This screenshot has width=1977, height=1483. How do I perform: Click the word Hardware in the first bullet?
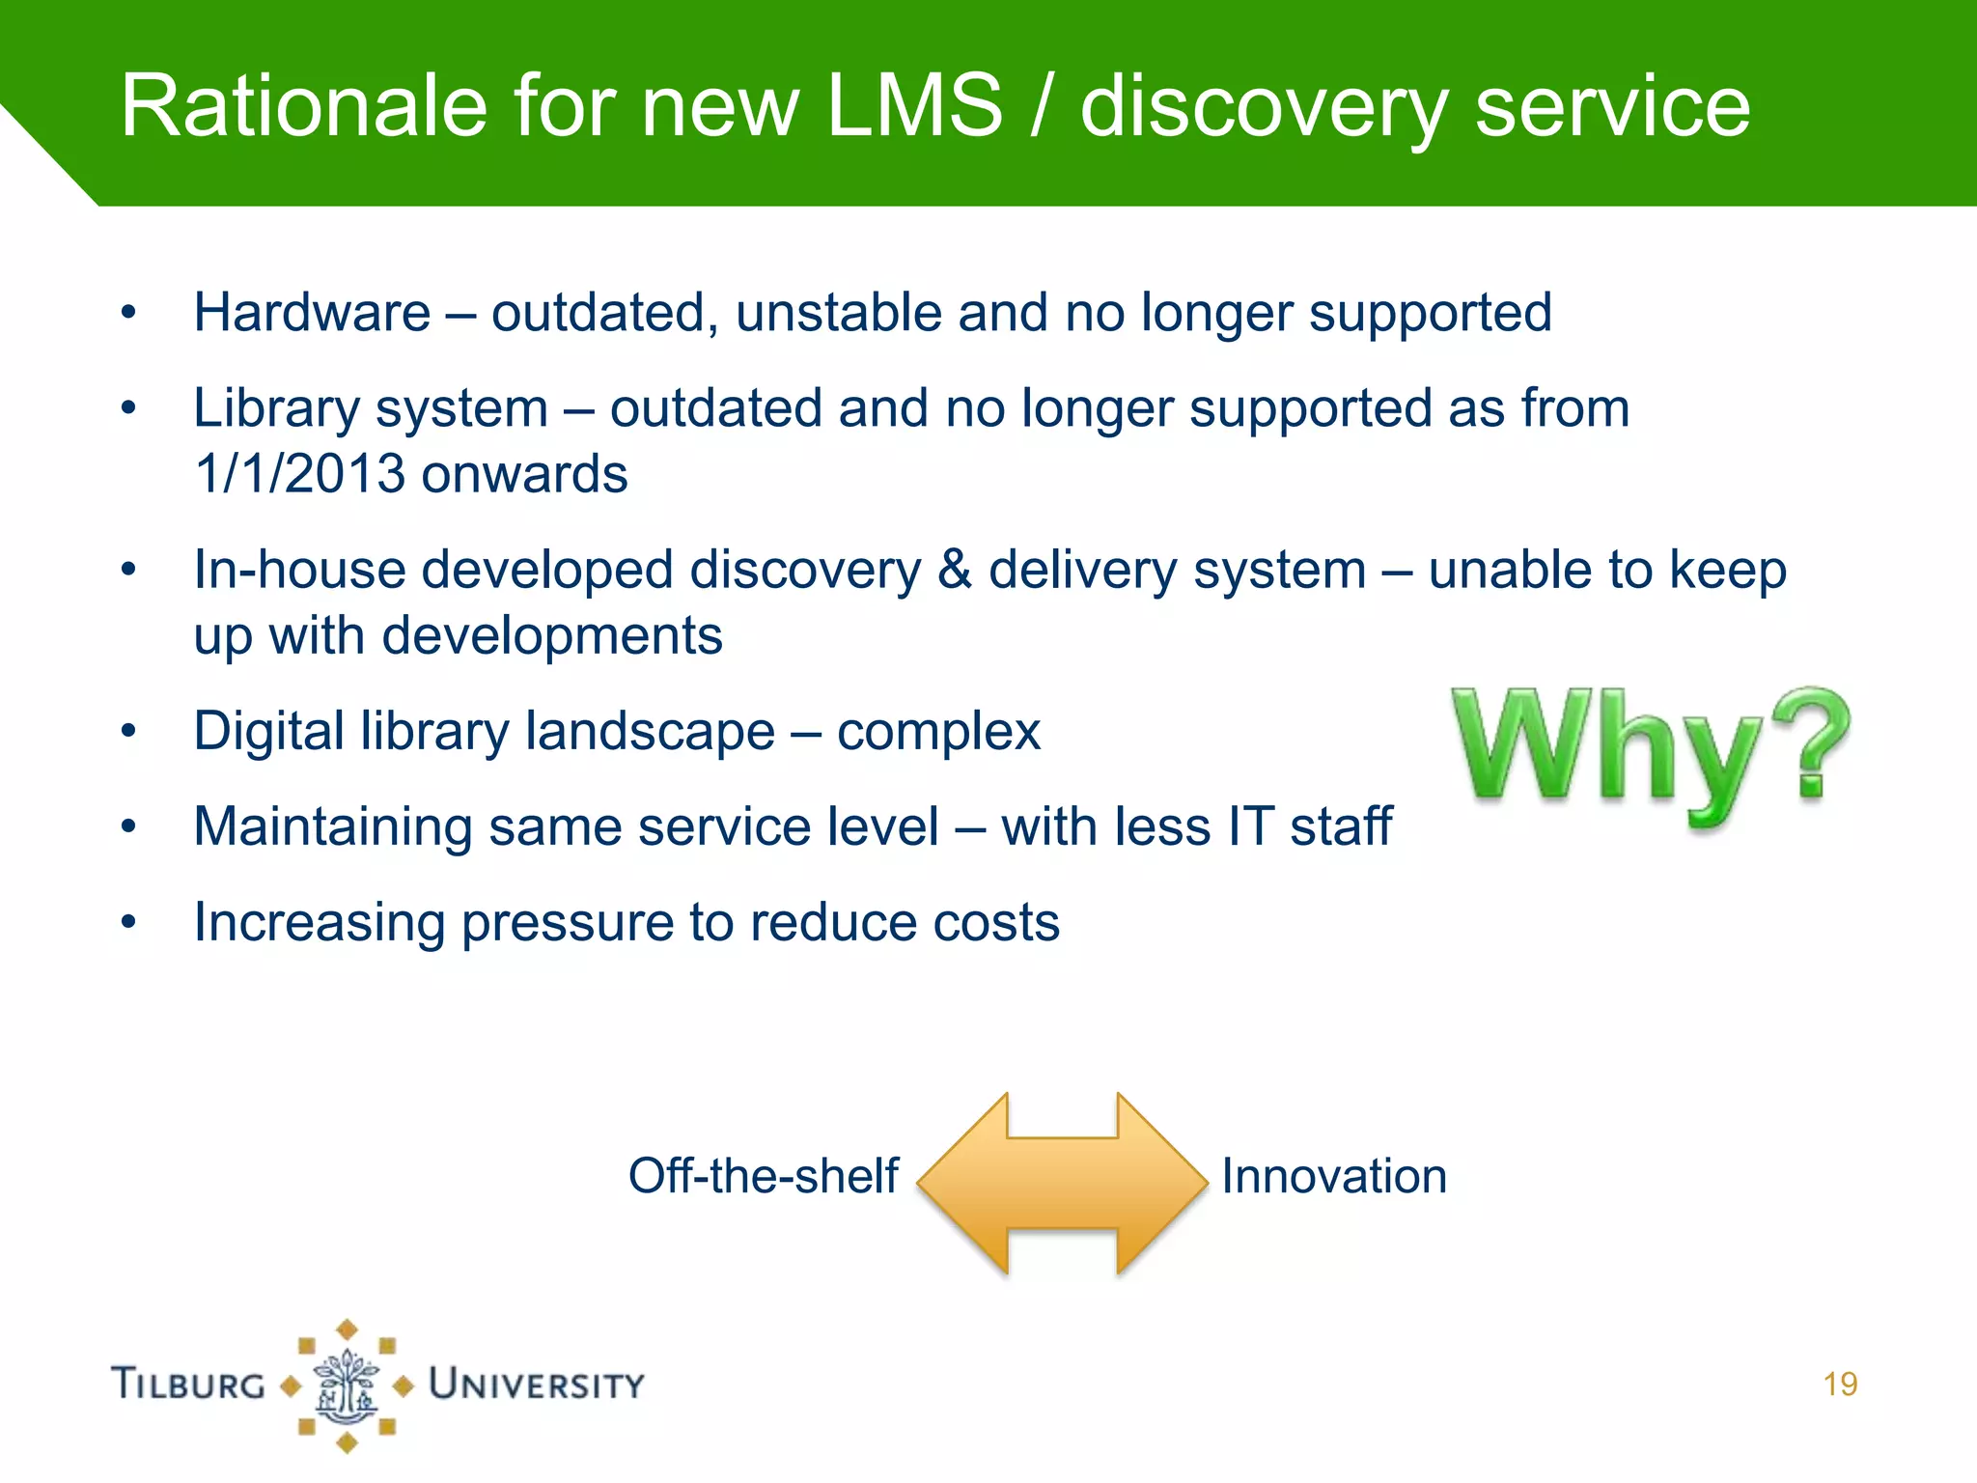(x=312, y=313)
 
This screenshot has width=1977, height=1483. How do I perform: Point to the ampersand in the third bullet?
(x=954, y=569)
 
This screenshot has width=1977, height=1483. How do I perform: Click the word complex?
(x=938, y=731)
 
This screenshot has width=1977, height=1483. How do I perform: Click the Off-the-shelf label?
(x=763, y=1176)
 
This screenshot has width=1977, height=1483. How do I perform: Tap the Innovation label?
(x=1334, y=1176)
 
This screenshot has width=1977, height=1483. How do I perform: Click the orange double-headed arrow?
(x=1062, y=1183)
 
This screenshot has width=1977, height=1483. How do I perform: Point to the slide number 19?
(x=1840, y=1385)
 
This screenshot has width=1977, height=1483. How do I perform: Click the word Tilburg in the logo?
(x=189, y=1385)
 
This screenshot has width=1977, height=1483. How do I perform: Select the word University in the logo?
(x=537, y=1385)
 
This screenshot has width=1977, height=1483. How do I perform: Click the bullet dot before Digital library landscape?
(x=128, y=731)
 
